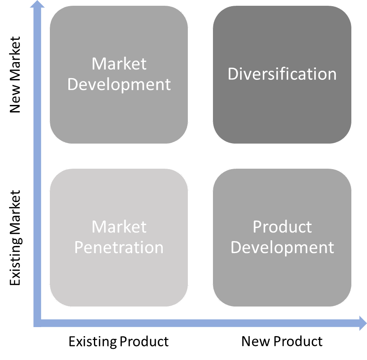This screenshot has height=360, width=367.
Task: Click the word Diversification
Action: pyautogui.click(x=282, y=74)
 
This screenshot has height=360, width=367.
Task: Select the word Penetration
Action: pyautogui.click(x=119, y=247)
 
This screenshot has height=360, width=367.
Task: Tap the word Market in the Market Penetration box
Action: pyautogui.click(x=119, y=227)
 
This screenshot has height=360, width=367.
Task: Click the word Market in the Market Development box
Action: pyautogui.click(x=119, y=64)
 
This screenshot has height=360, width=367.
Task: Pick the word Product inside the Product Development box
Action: pyautogui.click(x=282, y=227)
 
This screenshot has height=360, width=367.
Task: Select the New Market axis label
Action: pyautogui.click(x=15, y=74)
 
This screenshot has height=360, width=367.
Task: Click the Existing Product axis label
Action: pyautogui.click(x=119, y=342)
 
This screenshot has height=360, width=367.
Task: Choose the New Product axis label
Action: pyautogui.click(x=282, y=341)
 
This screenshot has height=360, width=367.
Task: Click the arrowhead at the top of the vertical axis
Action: pyautogui.click(x=37, y=4)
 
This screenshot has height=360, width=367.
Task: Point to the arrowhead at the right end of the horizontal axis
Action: pyautogui.click(x=363, y=323)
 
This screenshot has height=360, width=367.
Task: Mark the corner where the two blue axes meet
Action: pyautogui.click(x=37, y=323)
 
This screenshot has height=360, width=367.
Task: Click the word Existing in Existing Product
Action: pyautogui.click(x=93, y=342)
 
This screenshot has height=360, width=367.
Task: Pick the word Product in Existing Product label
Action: pyautogui.click(x=144, y=341)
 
